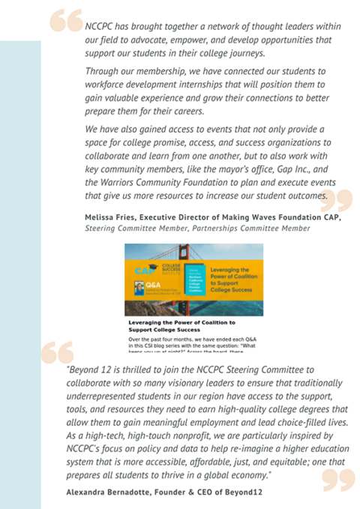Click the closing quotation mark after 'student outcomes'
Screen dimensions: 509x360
click(339, 200)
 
